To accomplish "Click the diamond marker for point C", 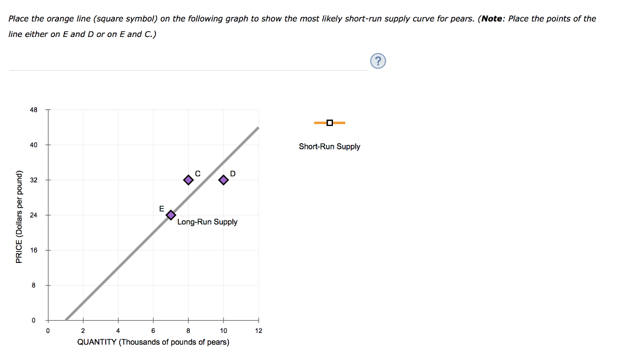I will point(189,180).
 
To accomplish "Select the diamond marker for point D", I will point(224,180).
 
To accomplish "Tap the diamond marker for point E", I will point(171,215).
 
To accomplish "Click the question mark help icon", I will point(379,60).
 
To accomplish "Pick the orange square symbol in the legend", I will point(330,123).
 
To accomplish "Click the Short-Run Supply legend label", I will point(329,147).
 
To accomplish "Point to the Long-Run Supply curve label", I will point(207,222).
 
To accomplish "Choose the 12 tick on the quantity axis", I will point(259,331).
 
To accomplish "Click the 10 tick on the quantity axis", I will point(224,331).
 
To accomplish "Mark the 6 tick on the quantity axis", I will point(154,331).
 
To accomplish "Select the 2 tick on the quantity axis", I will point(84,331).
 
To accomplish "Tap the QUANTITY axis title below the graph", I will point(153,342).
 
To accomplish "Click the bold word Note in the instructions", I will point(493,18).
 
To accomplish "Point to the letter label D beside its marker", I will point(233,172).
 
